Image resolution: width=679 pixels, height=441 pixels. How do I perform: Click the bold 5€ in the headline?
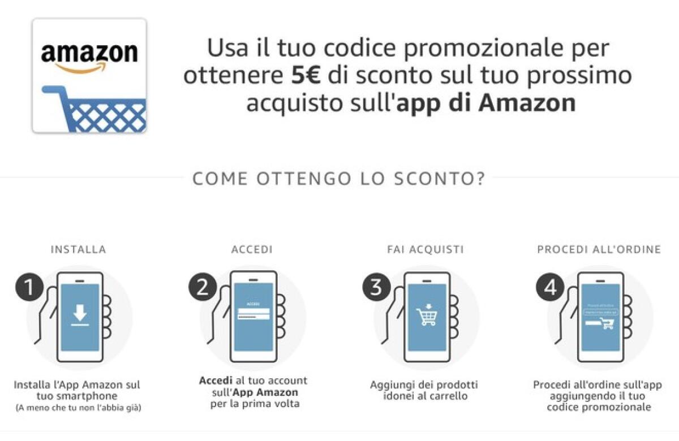tap(306, 76)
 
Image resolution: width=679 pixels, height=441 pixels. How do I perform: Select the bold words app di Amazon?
tap(485, 103)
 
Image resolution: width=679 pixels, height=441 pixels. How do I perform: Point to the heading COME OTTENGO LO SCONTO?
tap(338, 178)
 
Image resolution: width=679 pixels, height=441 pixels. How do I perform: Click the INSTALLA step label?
tap(78, 249)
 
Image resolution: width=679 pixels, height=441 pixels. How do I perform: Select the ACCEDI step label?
tap(252, 249)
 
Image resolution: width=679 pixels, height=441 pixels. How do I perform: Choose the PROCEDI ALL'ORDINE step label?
tap(599, 249)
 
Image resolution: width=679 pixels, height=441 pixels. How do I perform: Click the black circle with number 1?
tap(28, 288)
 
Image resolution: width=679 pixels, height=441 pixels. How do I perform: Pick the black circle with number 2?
tap(202, 288)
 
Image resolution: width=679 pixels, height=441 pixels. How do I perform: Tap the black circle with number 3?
tap(376, 288)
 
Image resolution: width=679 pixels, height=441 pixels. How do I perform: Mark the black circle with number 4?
tap(549, 288)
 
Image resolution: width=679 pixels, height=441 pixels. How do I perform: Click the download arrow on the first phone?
tap(80, 315)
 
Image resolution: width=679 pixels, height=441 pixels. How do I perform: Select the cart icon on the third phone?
tap(427, 315)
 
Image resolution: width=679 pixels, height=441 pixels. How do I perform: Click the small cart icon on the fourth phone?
tap(607, 323)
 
